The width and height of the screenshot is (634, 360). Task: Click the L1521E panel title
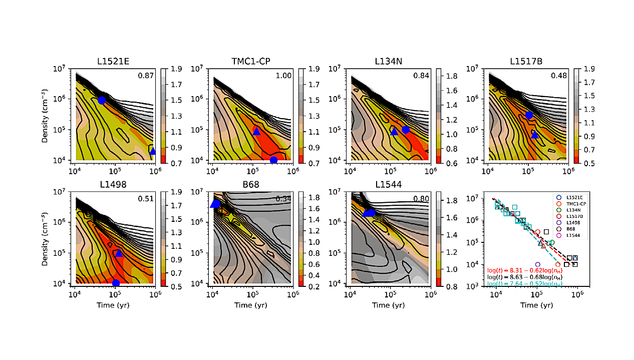pyautogui.click(x=115, y=63)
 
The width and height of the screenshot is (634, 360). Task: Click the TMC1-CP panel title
pyautogui.click(x=252, y=63)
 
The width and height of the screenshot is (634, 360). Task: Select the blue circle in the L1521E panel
pyautogui.click(x=102, y=100)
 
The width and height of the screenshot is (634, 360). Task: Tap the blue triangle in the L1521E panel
pyautogui.click(x=152, y=151)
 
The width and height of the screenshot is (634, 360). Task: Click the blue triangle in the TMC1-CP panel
pyautogui.click(x=256, y=131)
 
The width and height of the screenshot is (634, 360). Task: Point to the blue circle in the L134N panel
pyautogui.click(x=406, y=130)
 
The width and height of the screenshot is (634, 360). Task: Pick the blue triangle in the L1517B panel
pyautogui.click(x=534, y=135)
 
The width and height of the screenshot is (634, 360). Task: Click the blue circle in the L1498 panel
pyautogui.click(x=116, y=283)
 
